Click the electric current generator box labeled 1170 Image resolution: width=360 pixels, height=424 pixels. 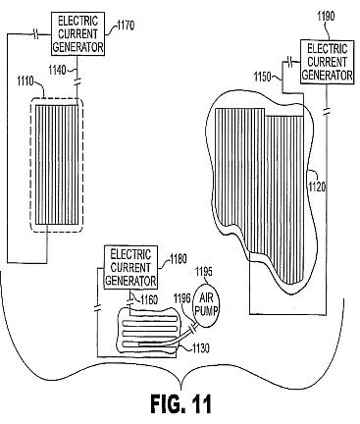coord(77,34)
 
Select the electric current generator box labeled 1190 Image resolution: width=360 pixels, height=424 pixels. coord(327,62)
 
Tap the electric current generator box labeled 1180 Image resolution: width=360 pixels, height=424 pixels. coord(130,268)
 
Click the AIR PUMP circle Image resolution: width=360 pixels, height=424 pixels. coord(206,305)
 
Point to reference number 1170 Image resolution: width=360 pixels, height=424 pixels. coord(125,25)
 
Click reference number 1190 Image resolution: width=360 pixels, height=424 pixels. coord(326,16)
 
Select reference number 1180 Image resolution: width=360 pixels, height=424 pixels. coord(178,259)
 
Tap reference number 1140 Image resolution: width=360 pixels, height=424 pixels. coord(57,70)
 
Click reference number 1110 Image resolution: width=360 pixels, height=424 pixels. coord(26,80)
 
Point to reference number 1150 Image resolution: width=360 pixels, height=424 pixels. coord(263,78)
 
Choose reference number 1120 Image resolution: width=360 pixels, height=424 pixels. coord(318,186)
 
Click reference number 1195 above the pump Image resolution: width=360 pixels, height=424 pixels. coord(203,271)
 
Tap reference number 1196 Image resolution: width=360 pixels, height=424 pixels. coord(182,298)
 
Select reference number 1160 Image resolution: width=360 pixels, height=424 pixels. coord(149,299)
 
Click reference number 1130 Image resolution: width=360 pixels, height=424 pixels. coord(199,348)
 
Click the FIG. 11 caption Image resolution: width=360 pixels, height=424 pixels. coord(180,403)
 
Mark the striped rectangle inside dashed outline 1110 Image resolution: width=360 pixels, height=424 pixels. coord(57,165)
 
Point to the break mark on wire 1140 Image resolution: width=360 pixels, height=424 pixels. coord(77,82)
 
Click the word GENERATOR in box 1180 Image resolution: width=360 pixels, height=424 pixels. coord(130,281)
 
